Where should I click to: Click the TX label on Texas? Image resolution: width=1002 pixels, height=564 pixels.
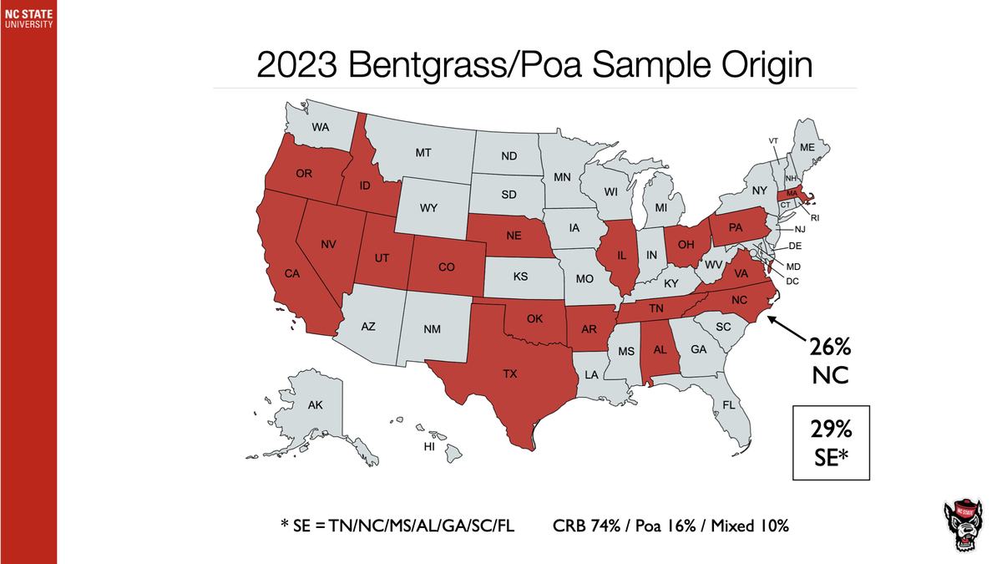[510, 375]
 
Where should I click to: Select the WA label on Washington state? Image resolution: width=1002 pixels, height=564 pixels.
[320, 128]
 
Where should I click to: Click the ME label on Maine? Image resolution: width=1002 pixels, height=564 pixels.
[807, 147]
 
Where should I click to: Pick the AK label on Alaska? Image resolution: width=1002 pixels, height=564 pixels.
[315, 405]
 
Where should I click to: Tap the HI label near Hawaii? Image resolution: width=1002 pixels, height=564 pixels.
[430, 447]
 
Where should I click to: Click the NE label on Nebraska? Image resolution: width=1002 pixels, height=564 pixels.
[514, 236]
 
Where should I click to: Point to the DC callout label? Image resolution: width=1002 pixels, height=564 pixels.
[793, 281]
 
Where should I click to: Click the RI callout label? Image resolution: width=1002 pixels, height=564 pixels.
[816, 217]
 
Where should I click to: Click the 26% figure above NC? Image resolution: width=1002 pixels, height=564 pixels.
[830, 347]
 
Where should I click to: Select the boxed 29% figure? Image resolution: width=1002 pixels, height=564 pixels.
[830, 430]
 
